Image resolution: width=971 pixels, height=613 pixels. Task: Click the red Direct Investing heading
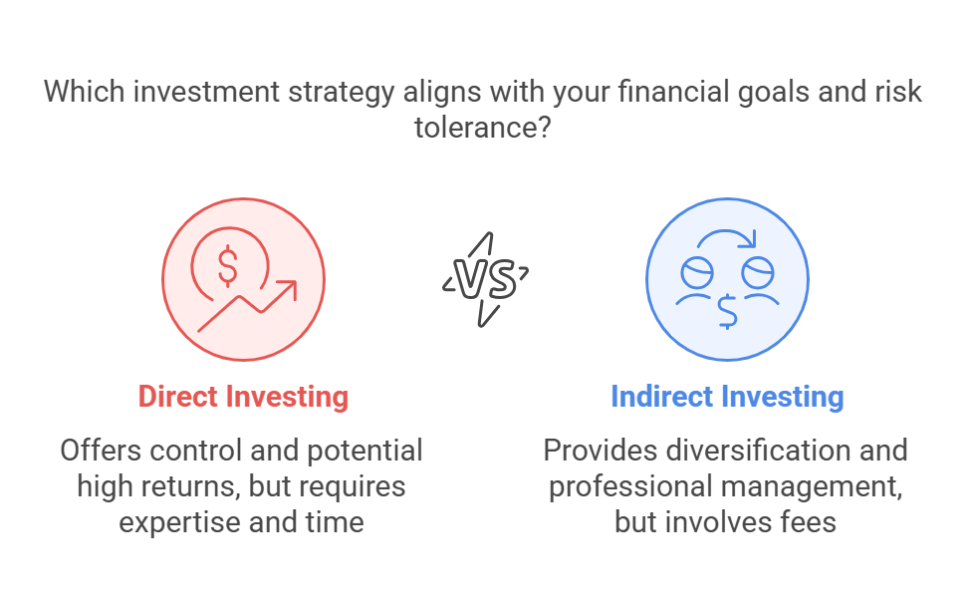tap(243, 397)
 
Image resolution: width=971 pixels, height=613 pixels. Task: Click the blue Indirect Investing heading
tap(728, 397)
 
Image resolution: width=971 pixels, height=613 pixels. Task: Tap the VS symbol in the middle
tap(486, 279)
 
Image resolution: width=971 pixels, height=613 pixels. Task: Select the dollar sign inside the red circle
tap(228, 266)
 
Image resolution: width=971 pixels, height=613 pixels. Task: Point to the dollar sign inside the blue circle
tap(727, 312)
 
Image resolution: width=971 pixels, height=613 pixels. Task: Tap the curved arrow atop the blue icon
tap(727, 237)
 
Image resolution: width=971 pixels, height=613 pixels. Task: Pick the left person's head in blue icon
tap(697, 272)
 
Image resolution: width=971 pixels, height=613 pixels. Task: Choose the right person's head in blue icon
tap(758, 272)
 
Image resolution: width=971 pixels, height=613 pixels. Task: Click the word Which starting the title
tap(85, 92)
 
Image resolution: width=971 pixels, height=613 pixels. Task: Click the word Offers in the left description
tap(101, 451)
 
